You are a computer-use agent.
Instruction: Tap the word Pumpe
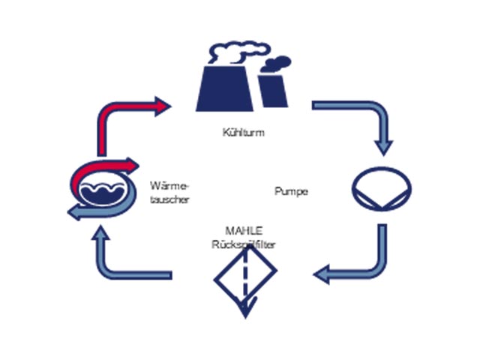tap(292, 192)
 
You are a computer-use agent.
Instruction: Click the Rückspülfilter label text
tap(244, 244)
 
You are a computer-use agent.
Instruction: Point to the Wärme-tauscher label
tap(169, 193)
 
